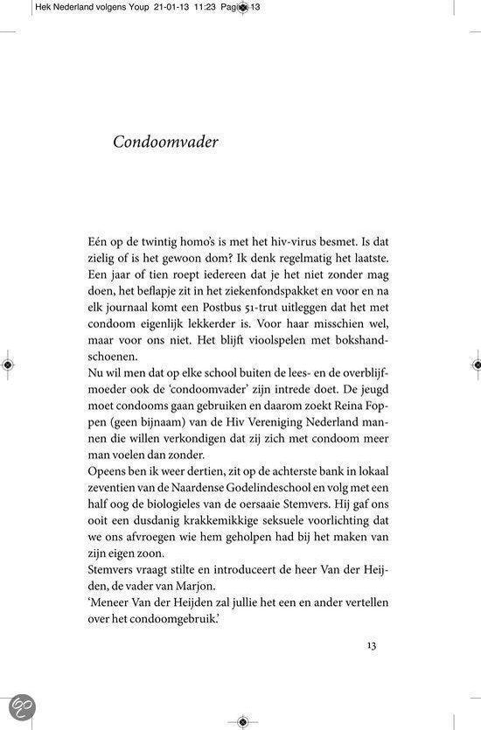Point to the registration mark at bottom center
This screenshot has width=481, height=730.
coord(241,721)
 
